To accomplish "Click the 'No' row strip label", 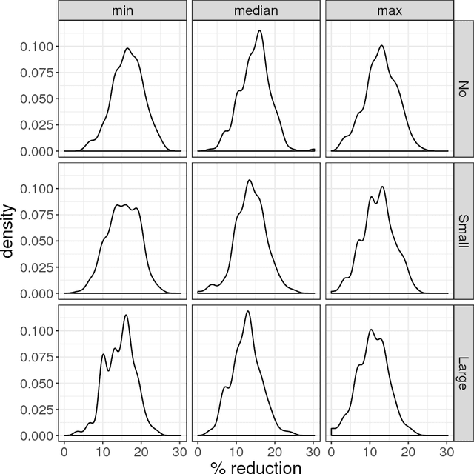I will click(x=463, y=87).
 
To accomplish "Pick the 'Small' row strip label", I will click(x=463, y=230).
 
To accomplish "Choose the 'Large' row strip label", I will click(x=463, y=372).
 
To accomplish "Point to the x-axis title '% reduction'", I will click(x=256, y=466).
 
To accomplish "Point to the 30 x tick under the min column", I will click(x=180, y=450).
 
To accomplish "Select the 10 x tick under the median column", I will click(x=236, y=450).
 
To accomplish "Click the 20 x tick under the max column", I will click(x=408, y=450).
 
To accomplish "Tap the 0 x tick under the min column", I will click(x=64, y=450).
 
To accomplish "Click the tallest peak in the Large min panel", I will click(x=126, y=316).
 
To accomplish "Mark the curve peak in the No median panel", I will click(x=259, y=30).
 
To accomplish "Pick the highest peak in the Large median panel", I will click(x=247, y=311).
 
